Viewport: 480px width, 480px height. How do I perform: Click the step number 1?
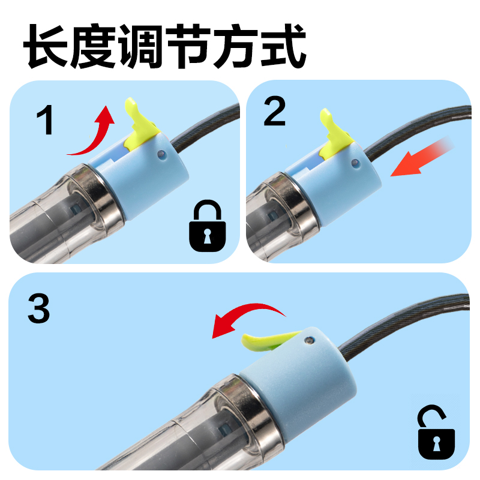[x=46, y=119]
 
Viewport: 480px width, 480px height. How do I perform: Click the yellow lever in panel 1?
[x=140, y=123]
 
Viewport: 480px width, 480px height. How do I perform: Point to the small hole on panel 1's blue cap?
[x=161, y=155]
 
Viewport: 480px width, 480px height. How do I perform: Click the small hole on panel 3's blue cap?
[x=308, y=340]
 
